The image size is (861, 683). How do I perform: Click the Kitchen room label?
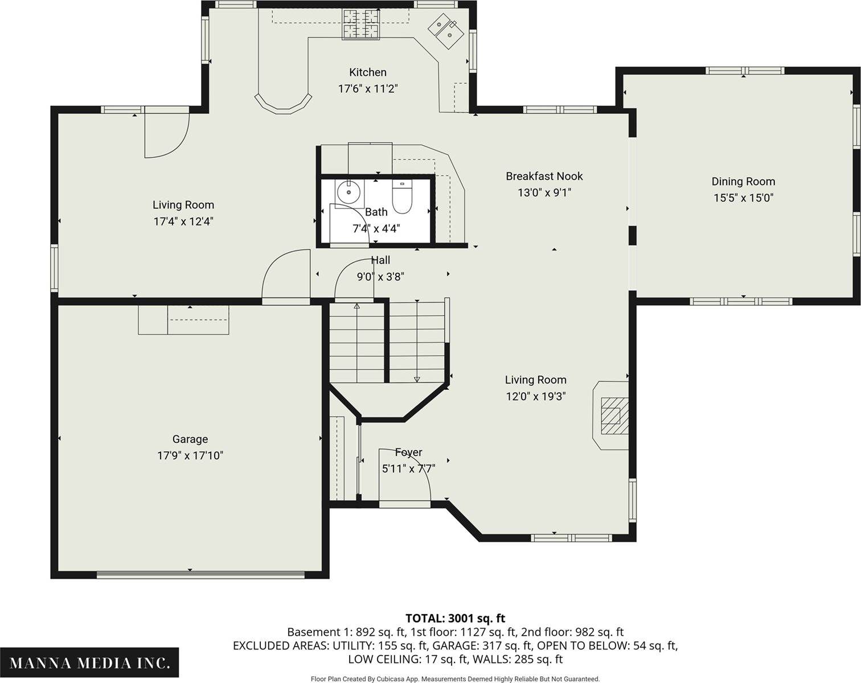click(368, 72)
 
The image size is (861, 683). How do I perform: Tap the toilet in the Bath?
click(401, 197)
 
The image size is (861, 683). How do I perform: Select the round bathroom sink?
click(349, 192)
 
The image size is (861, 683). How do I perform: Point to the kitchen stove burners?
click(361, 24)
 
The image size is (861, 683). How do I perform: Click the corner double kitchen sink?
click(446, 30)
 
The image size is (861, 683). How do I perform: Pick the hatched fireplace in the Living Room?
click(611, 416)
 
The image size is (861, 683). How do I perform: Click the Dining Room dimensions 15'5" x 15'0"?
click(743, 198)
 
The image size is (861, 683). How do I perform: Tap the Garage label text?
click(190, 439)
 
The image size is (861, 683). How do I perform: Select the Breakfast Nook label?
click(544, 176)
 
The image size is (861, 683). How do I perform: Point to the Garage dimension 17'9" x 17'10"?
click(190, 455)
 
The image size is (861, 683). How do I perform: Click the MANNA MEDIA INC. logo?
click(89, 663)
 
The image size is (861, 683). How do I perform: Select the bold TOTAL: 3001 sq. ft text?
click(456, 618)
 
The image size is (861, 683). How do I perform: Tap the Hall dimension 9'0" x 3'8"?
click(380, 277)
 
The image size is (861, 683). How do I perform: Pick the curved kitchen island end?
click(283, 105)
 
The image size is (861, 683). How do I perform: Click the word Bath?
click(376, 212)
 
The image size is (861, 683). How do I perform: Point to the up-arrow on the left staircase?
click(357, 306)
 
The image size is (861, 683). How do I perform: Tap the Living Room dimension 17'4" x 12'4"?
click(183, 221)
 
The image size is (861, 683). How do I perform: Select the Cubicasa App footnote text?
click(456, 679)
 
